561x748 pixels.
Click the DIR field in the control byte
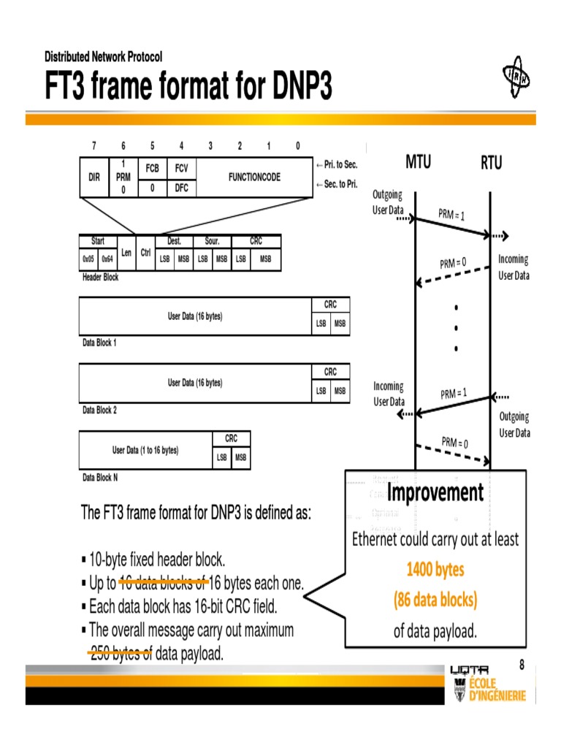(93, 177)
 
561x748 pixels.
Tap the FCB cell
(152, 168)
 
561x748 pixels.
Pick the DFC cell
(181, 188)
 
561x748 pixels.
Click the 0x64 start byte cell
(107, 259)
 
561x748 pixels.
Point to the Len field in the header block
(126, 253)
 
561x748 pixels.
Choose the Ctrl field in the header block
(145, 253)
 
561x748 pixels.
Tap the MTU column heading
(418, 162)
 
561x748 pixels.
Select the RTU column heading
(491, 163)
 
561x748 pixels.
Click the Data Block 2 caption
(99, 411)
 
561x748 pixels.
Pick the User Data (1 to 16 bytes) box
(145, 451)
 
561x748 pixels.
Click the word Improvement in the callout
(435, 493)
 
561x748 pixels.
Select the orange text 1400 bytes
(435, 570)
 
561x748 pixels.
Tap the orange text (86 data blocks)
(435, 600)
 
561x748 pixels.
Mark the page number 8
(522, 665)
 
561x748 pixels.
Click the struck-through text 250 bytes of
(121, 654)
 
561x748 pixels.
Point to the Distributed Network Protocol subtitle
(103, 57)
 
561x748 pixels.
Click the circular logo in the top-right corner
(517, 77)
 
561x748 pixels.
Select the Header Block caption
(101, 278)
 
